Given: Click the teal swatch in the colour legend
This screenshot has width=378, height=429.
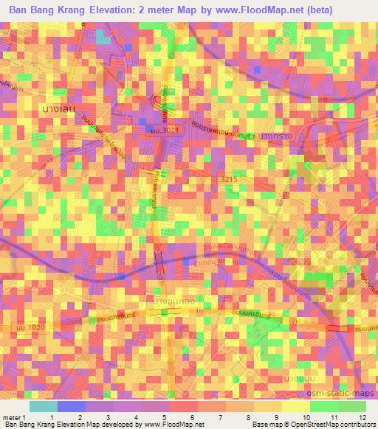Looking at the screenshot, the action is pos(43,406).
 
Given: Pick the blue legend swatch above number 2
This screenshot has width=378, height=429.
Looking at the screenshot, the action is pos(72,406).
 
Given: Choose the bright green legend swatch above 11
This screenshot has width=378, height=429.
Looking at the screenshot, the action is pos(323,406).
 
